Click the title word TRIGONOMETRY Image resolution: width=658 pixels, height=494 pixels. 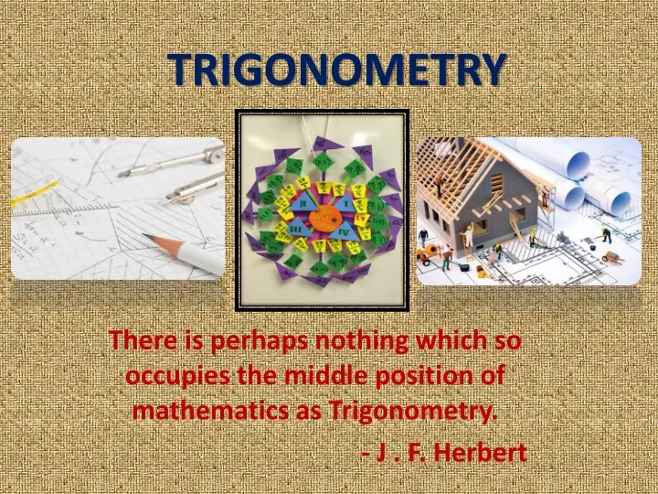point(336,70)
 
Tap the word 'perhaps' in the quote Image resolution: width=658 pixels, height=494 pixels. point(259,341)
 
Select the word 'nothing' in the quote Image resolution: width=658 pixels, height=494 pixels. point(362,341)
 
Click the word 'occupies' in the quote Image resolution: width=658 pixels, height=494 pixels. point(177,376)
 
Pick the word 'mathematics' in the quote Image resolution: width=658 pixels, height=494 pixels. point(211,410)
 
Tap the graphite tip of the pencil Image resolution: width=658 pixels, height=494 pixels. point(144,235)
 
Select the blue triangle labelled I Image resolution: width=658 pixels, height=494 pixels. point(345,203)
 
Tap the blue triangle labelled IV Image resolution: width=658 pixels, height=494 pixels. point(345,231)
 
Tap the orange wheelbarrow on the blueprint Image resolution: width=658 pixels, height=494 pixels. point(613,257)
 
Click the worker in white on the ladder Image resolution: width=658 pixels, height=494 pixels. point(469,235)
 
